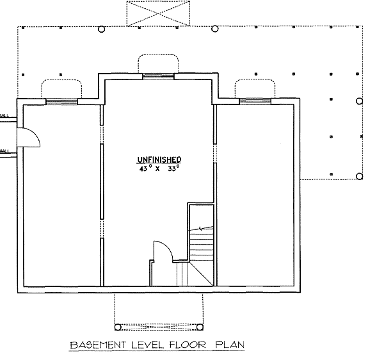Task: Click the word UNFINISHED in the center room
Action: click(x=159, y=160)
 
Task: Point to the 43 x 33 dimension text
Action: click(x=159, y=170)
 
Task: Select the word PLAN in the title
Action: click(x=228, y=345)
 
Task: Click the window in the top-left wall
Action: click(x=61, y=101)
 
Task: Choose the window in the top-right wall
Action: click(x=255, y=101)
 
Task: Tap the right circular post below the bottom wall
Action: click(x=199, y=327)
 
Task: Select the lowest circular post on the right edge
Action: click(x=359, y=176)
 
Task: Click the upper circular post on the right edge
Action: click(x=359, y=101)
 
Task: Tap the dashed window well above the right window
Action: click(x=255, y=87)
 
